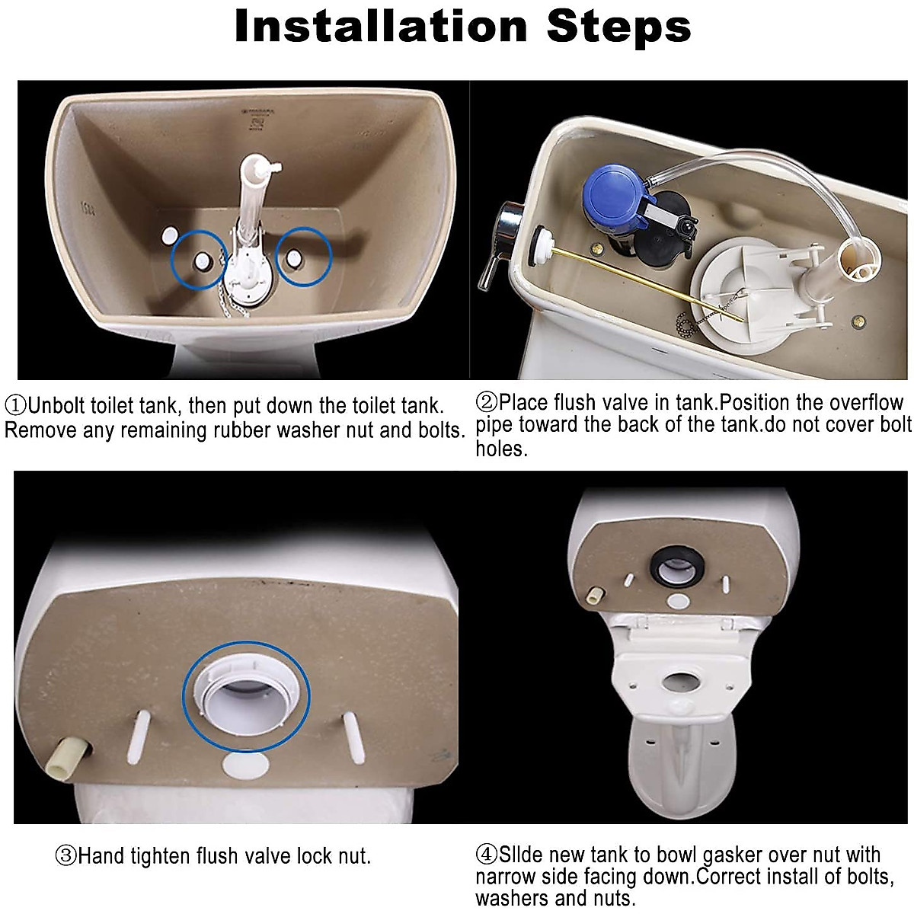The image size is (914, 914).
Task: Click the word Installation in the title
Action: [x=381, y=27]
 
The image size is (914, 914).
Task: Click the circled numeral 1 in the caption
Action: [x=15, y=404]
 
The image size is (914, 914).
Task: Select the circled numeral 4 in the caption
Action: [x=487, y=855]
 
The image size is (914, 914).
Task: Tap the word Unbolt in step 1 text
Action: [x=56, y=404]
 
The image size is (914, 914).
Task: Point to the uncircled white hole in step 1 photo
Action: [x=168, y=235]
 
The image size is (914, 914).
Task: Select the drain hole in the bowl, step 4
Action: [x=675, y=680]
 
